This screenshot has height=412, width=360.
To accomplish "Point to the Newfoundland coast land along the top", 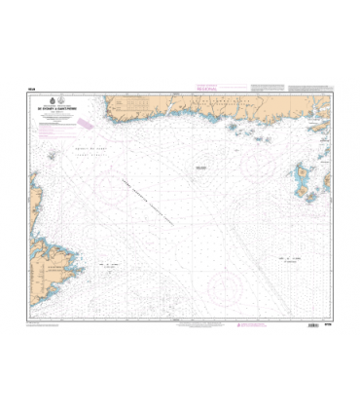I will (195, 107).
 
